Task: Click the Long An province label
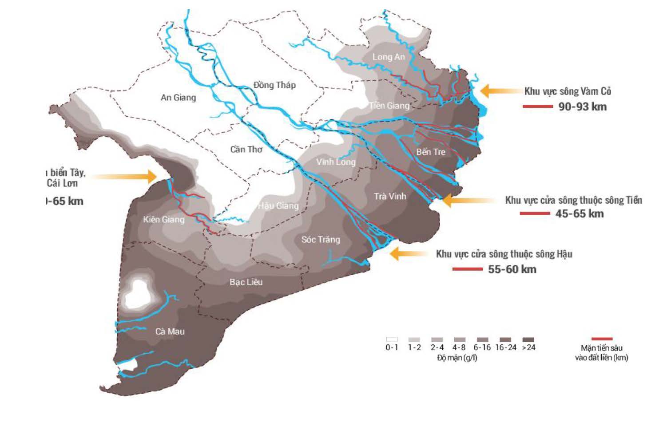pos(389,57)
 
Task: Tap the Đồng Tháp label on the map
pos(274,85)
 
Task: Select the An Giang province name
pos(178,98)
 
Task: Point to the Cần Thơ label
pos(246,150)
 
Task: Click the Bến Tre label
pos(430,152)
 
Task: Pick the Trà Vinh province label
pos(390,196)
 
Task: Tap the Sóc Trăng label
pos(321,240)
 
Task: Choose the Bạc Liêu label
pos(246,282)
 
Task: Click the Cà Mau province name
pos(170,331)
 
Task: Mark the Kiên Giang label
pos(163,219)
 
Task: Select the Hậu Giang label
pos(278,205)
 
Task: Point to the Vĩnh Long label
pos(336,162)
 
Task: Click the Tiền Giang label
pos(389,106)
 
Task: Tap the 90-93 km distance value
pos(582,106)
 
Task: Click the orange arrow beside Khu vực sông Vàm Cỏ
pos(500,91)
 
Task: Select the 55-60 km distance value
pos(512,269)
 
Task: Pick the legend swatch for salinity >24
pos(528,339)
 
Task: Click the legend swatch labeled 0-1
pos(392,339)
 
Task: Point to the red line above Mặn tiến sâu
pos(602,339)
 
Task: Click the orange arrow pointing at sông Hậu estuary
pos(408,254)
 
